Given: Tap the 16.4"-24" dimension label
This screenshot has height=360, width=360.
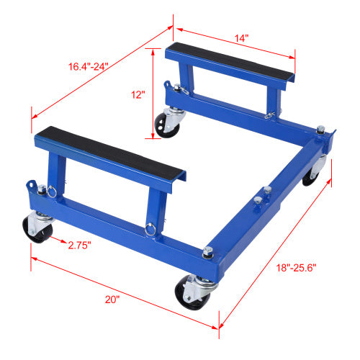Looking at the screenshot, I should click(89, 66).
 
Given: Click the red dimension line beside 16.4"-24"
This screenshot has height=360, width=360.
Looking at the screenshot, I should click(101, 70).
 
